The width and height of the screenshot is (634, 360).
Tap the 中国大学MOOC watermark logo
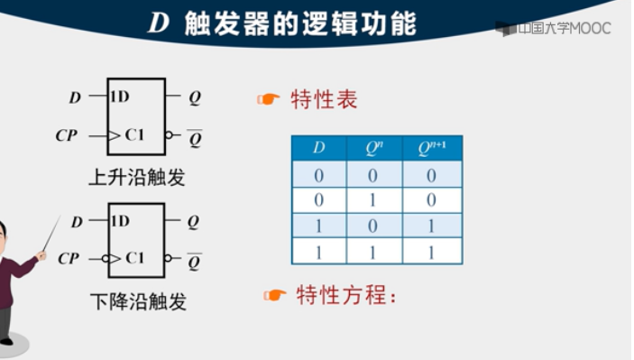pyautogui.click(x=553, y=29)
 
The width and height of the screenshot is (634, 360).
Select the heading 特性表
pyautogui.click(x=324, y=99)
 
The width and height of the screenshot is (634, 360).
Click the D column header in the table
pyautogui.click(x=318, y=148)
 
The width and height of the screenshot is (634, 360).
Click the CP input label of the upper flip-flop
pyautogui.click(x=67, y=136)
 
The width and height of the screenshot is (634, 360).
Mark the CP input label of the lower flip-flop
pyautogui.click(x=68, y=259)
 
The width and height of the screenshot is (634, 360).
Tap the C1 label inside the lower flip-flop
pyautogui.click(x=134, y=259)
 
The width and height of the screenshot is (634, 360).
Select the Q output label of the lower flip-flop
pyautogui.click(x=194, y=221)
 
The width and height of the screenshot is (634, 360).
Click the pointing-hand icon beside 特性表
pyautogui.click(x=268, y=99)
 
